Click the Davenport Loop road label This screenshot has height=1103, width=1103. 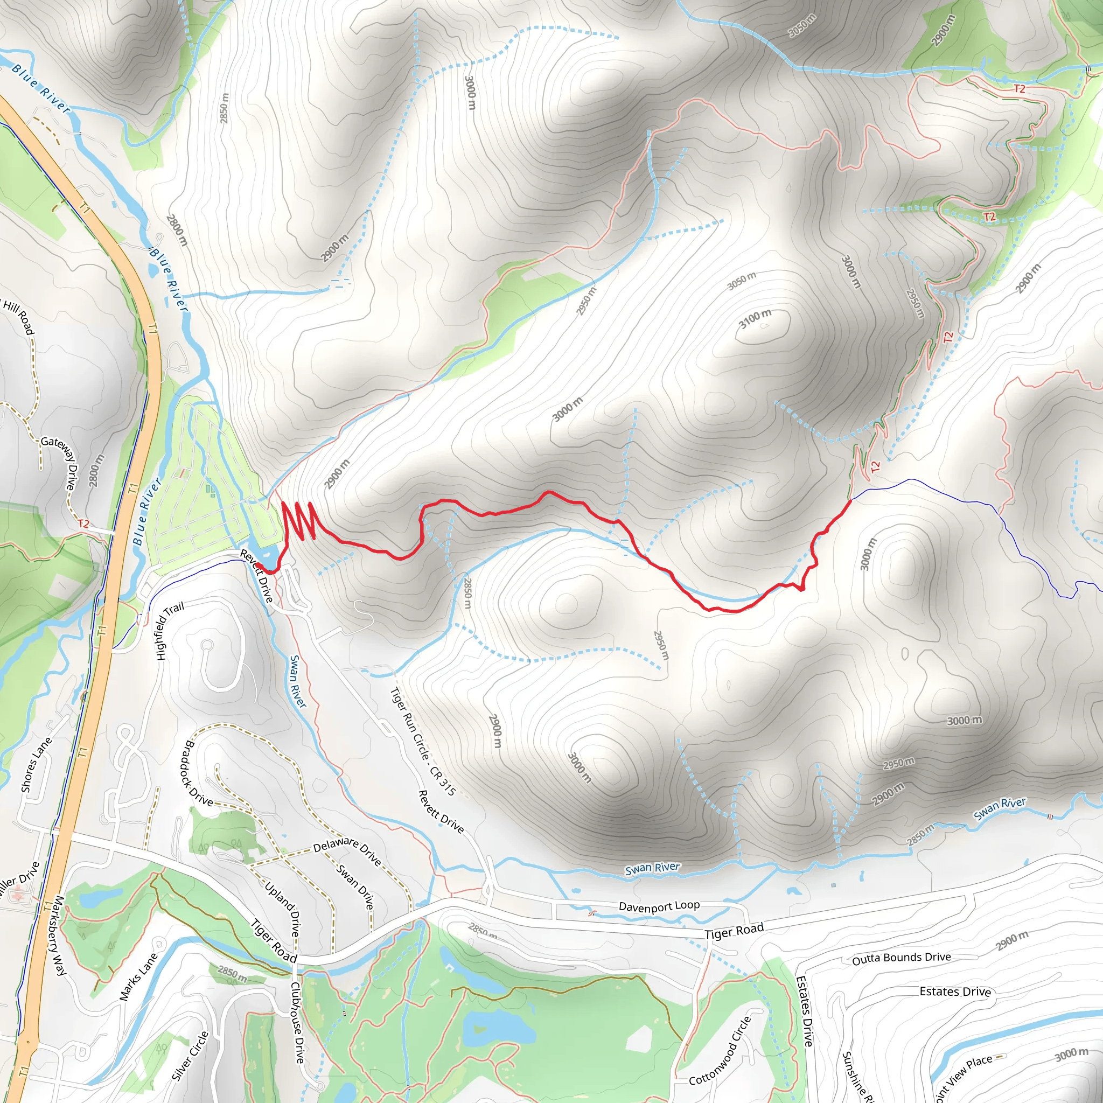(659, 906)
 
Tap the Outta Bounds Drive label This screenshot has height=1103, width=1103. (902, 958)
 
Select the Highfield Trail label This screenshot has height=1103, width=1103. (170, 631)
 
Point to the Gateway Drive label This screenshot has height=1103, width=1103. (59, 462)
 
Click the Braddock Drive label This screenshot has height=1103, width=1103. (199, 773)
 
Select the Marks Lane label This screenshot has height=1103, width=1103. (138, 977)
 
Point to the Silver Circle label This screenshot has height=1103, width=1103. (190, 1056)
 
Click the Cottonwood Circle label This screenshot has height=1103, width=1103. (721, 1051)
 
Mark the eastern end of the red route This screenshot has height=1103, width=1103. (850, 501)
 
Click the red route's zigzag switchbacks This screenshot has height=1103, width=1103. (299, 520)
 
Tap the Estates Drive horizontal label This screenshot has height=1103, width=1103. (955, 991)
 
